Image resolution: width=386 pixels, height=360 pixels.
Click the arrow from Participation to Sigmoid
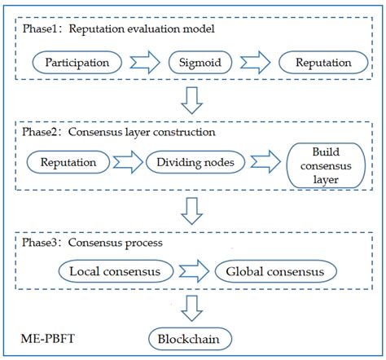(x=144, y=62)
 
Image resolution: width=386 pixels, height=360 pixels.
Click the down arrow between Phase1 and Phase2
(x=192, y=101)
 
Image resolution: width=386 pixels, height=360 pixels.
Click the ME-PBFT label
(x=46, y=334)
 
